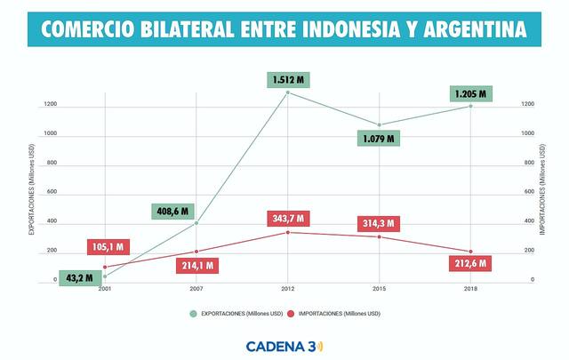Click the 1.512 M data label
pyautogui.click(x=287, y=80)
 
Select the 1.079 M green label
pyautogui.click(x=379, y=139)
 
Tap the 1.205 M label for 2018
pyautogui.click(x=470, y=92)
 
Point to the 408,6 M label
pyautogui.click(x=171, y=212)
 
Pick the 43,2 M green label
pyautogui.click(x=80, y=277)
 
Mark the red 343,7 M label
pyautogui.click(x=287, y=219)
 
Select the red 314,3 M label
pyautogui.click(x=378, y=223)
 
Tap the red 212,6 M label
pyautogui.click(x=470, y=264)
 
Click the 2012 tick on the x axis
pyautogui.click(x=288, y=290)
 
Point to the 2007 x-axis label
pyautogui.click(x=196, y=290)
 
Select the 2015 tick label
pyautogui.click(x=379, y=290)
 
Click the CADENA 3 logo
pyautogui.click(x=284, y=345)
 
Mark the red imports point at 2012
pyautogui.click(x=287, y=233)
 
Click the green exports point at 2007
pyautogui.click(x=196, y=223)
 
